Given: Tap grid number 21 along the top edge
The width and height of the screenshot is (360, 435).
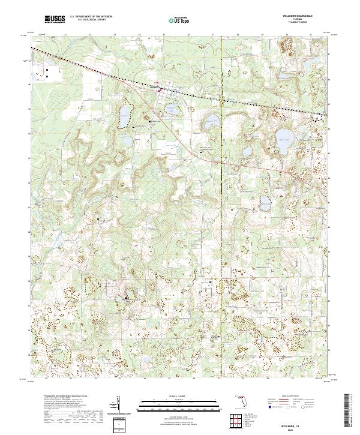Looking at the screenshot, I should point(64,35).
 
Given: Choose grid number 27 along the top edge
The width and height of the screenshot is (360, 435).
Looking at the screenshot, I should point(214,35).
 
